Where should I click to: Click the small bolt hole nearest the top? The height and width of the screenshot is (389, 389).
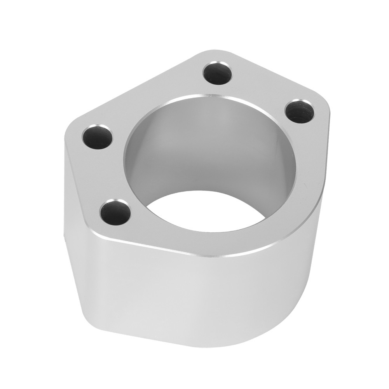[x=216, y=73]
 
